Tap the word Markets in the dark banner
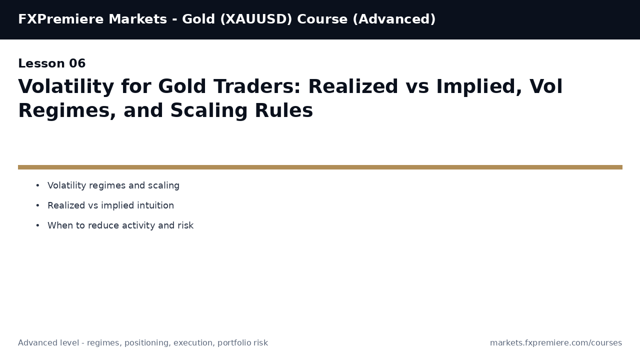[x=137, y=19]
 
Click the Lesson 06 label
[x=51, y=64]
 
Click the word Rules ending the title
[x=283, y=111]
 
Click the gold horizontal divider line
[x=320, y=167]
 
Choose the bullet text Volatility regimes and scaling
[x=113, y=186]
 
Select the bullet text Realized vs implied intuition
[x=110, y=206]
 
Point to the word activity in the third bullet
[x=138, y=226]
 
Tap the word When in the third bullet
[x=60, y=226]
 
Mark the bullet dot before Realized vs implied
[x=37, y=206]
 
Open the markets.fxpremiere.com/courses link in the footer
[x=555, y=343]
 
